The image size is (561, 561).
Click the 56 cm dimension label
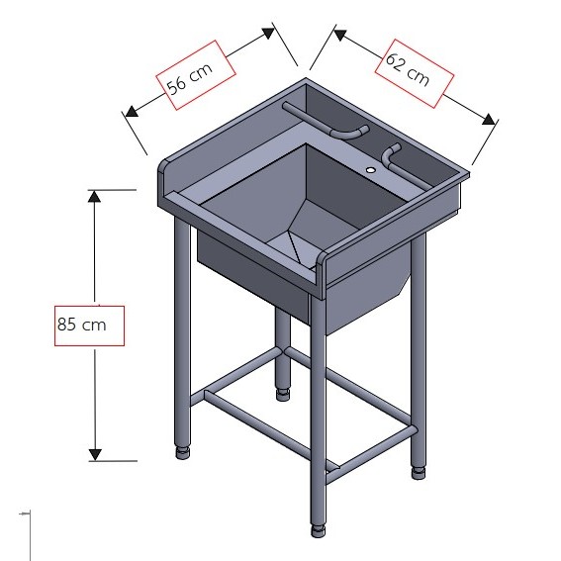[190, 77]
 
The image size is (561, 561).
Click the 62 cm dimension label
[408, 69]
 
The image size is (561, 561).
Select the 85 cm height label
[81, 325]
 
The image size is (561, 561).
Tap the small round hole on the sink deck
[371, 170]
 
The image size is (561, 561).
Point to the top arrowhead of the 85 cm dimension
[94, 197]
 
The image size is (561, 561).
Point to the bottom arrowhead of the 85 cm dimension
[95, 455]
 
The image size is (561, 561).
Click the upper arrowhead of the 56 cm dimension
[269, 33]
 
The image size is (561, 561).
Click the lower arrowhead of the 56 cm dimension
[132, 111]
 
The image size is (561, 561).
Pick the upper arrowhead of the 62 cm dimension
[339, 35]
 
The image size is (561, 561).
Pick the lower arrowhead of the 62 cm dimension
[489, 119]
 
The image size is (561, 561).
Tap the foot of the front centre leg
[318, 531]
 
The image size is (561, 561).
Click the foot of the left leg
[183, 452]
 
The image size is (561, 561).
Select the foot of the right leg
[419, 472]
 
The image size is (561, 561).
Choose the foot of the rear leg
[283, 394]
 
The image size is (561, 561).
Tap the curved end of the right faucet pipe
[390, 153]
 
